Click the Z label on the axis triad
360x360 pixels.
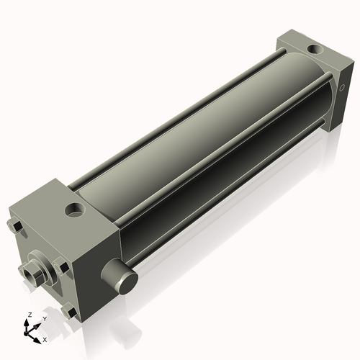pyautogui.click(x=29, y=315)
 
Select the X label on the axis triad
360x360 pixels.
pyautogui.click(x=45, y=338)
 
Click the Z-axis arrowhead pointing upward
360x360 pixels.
pyautogui.click(x=29, y=322)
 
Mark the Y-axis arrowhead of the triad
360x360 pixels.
pyautogui.click(x=38, y=323)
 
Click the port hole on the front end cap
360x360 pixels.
pyautogui.click(x=73, y=210)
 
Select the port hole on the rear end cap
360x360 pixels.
pyautogui.click(x=314, y=50)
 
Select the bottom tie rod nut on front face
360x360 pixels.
pyautogui.click(x=70, y=312)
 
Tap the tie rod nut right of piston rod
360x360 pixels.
pyautogui.click(x=63, y=269)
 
